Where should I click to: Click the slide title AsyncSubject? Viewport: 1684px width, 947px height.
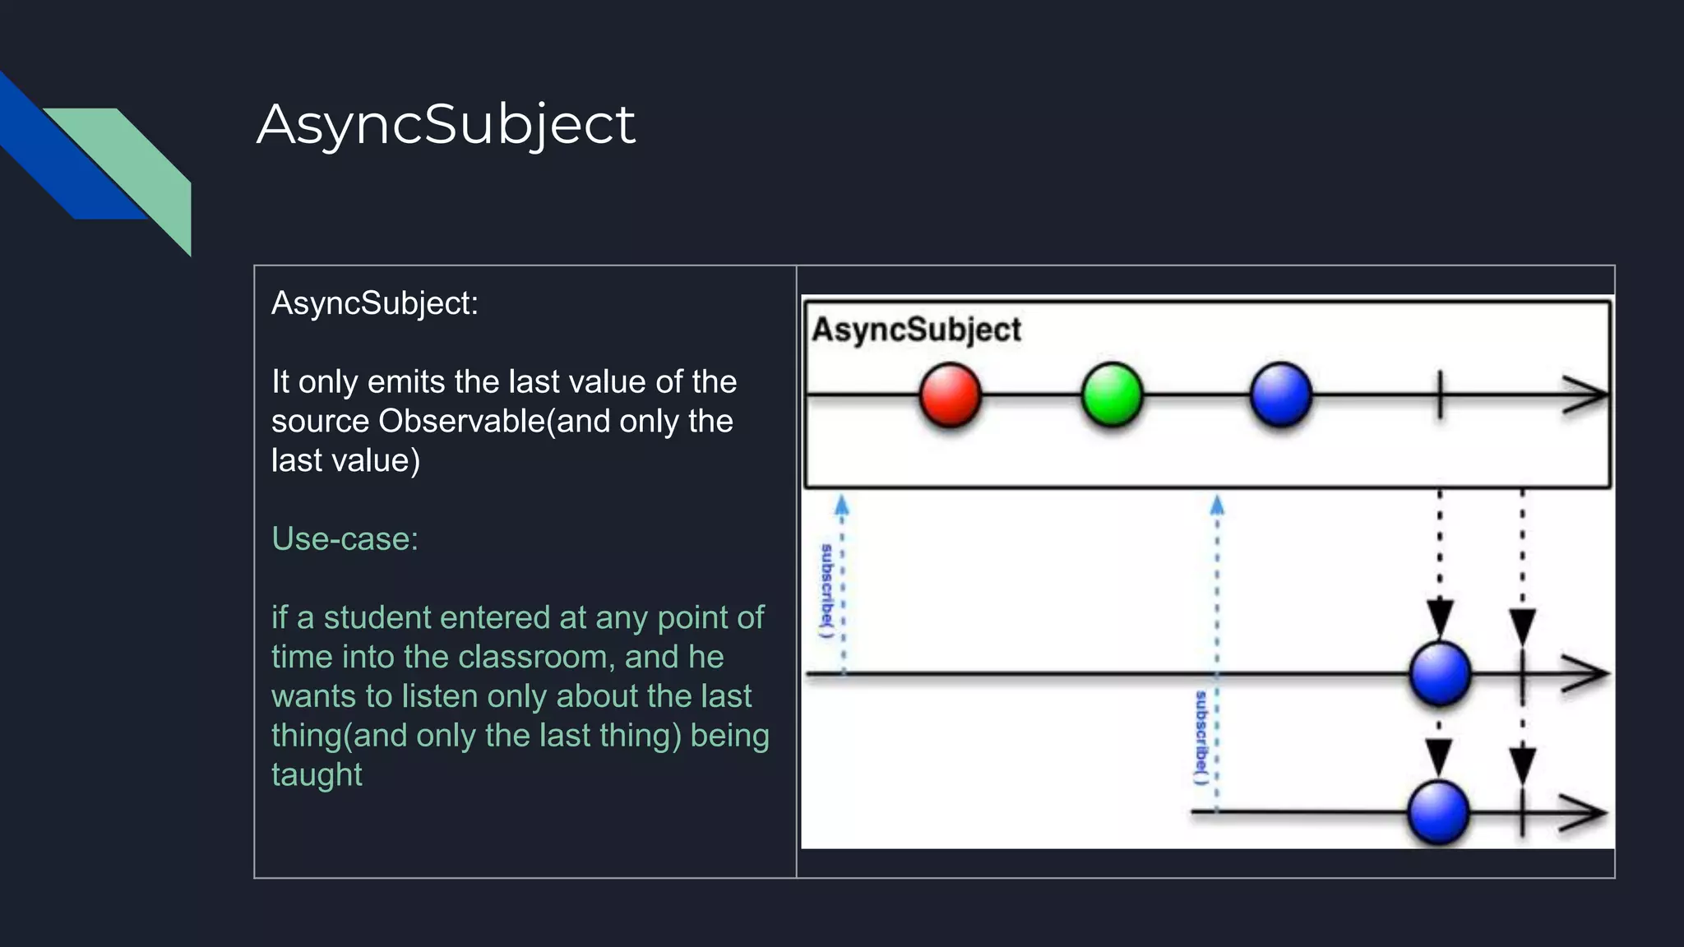pyautogui.click(x=446, y=125)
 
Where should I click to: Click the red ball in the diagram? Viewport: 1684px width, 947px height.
pyautogui.click(x=950, y=395)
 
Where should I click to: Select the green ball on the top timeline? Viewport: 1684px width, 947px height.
pyautogui.click(x=1112, y=395)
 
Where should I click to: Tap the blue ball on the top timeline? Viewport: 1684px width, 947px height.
pyautogui.click(x=1280, y=395)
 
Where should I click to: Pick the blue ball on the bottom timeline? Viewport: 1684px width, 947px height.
pyautogui.click(x=1438, y=813)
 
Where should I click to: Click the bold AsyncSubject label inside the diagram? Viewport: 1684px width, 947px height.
pyautogui.click(x=916, y=330)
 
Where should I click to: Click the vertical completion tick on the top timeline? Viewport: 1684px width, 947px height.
pyautogui.click(x=1440, y=395)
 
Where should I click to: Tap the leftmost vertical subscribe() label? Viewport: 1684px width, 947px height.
pyautogui.click(x=827, y=590)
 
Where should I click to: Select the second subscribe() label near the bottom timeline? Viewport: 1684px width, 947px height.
pyautogui.click(x=1201, y=737)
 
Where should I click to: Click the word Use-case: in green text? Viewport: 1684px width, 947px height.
pyautogui.click(x=345, y=539)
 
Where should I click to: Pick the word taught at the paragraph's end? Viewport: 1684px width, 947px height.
pyautogui.click(x=317, y=774)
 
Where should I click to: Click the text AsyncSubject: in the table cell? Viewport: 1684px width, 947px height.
pyautogui.click(x=374, y=303)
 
